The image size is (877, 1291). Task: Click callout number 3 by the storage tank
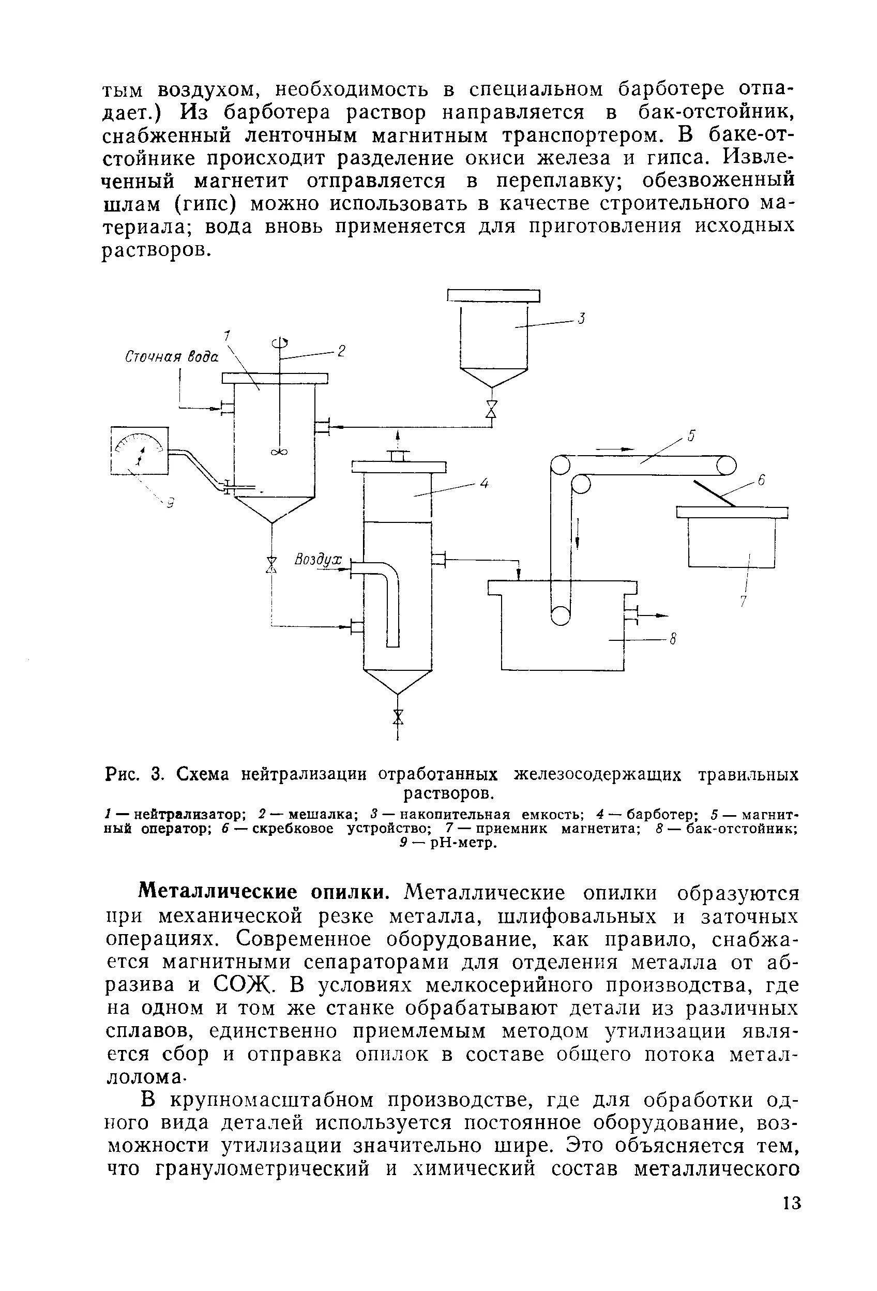click(581, 318)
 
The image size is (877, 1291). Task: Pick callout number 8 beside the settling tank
click(673, 640)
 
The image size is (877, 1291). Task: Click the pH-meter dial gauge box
click(140, 450)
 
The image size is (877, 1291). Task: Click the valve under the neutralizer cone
click(271, 565)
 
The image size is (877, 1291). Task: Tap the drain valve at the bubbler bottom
click(398, 716)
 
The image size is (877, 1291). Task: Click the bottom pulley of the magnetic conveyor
click(561, 615)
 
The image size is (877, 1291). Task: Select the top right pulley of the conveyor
click(726, 464)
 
